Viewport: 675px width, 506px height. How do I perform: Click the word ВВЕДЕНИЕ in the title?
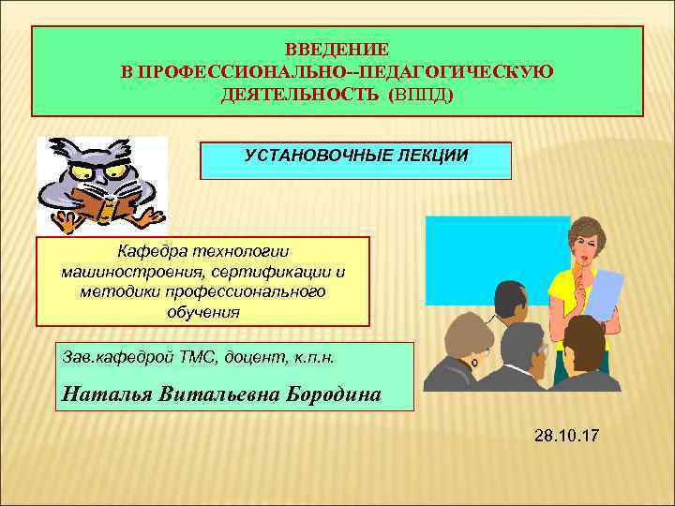click(337, 48)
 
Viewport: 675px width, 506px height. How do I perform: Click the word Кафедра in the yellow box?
click(149, 251)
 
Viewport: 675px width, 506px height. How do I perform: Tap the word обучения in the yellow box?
click(203, 312)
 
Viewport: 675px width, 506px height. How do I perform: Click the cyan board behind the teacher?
click(487, 253)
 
